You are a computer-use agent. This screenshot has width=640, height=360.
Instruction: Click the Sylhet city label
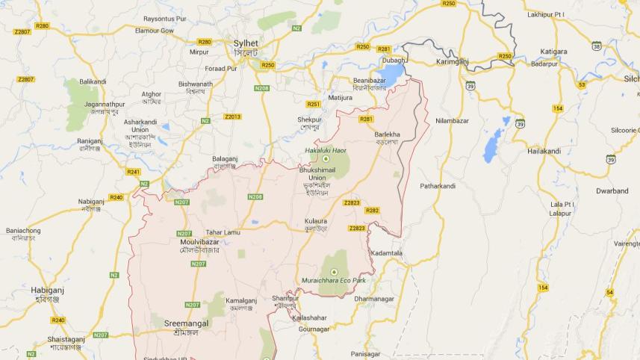coord(246,44)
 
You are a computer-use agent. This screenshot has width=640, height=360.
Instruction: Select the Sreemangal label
coord(187,323)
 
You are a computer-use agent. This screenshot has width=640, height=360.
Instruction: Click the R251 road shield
coord(314,104)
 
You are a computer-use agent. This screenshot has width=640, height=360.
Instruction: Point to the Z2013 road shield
coord(233,117)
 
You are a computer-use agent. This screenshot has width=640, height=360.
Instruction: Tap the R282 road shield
coord(372,211)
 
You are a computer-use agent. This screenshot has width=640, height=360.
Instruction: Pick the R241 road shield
coord(134,172)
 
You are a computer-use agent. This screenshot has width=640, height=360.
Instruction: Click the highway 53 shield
coord(581,84)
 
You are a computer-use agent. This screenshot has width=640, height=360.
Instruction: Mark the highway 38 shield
coord(597,46)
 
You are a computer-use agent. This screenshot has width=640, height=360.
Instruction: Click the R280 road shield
coord(42,25)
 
